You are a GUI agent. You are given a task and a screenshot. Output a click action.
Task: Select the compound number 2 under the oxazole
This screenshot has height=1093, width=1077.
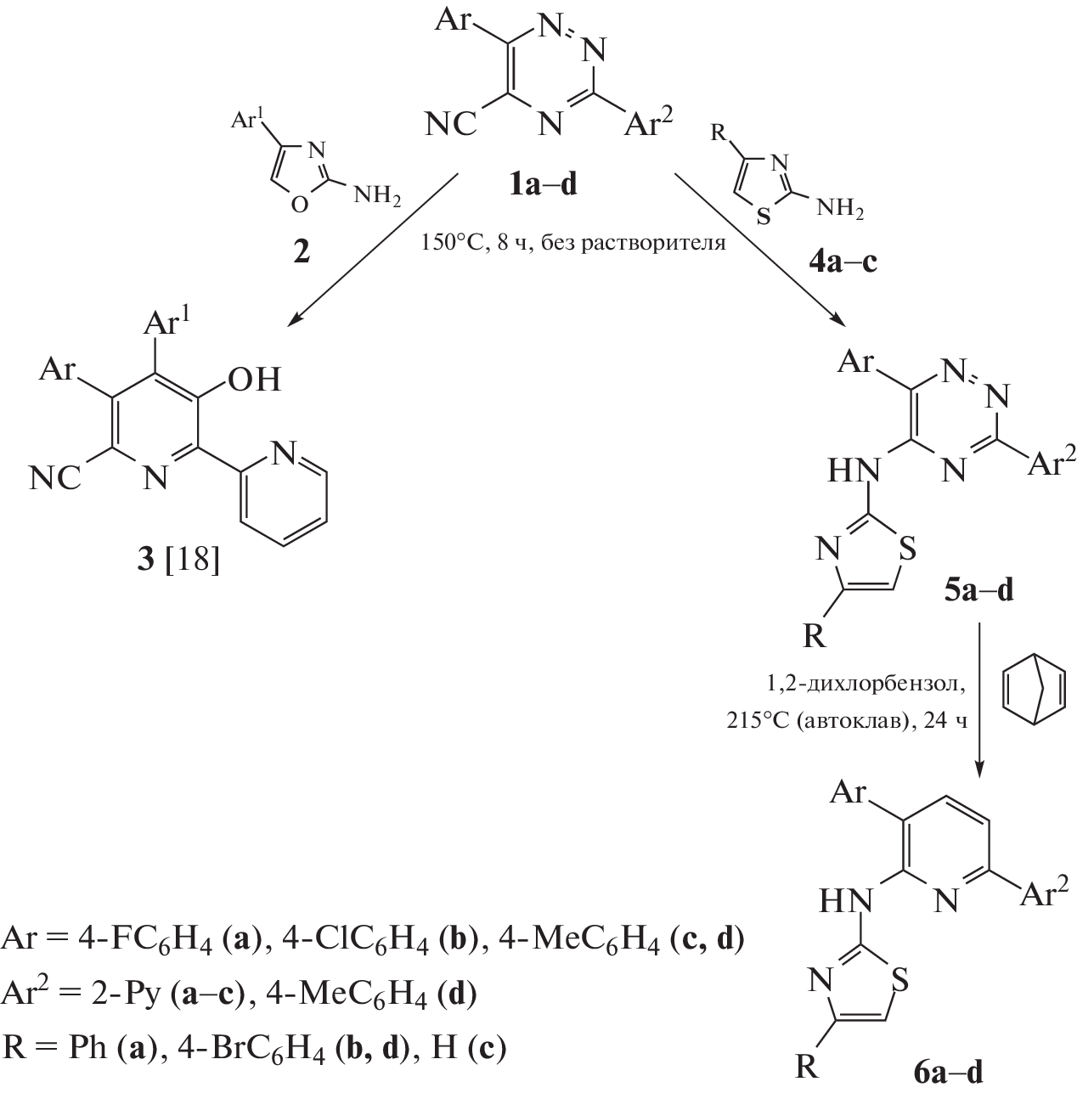302,252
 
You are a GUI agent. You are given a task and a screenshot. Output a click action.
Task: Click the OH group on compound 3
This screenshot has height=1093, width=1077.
255,379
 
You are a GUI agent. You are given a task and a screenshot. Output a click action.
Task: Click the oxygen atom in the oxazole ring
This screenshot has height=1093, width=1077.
298,205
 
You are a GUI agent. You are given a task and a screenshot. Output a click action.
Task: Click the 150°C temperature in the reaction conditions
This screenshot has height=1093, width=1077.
452,243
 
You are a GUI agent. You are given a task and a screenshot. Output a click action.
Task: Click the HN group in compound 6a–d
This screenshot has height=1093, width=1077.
845,899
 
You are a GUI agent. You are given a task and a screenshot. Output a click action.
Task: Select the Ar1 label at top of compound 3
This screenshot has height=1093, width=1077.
169,324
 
